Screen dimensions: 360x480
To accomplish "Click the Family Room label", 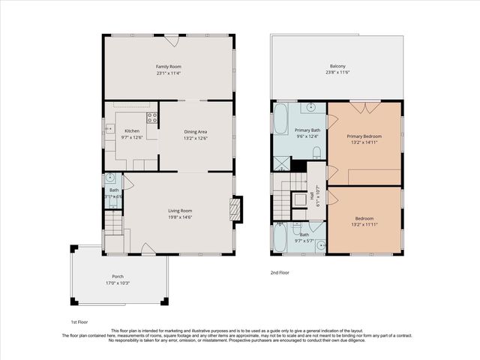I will [169, 67].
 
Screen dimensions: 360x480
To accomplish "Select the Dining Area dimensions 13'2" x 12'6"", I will [196, 138].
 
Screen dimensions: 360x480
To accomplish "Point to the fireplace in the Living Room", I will [238, 209].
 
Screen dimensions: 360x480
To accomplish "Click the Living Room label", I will [180, 211].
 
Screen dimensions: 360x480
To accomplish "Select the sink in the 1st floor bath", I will [110, 178].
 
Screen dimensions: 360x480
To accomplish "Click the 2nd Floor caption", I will [279, 272].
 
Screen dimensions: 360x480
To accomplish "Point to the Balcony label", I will [336, 66].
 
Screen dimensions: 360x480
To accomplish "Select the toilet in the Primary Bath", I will [316, 154].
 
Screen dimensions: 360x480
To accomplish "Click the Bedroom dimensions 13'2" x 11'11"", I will [364, 224].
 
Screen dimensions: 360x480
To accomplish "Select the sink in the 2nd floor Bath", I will [319, 244].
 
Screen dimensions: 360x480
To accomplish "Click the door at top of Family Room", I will [172, 39].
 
